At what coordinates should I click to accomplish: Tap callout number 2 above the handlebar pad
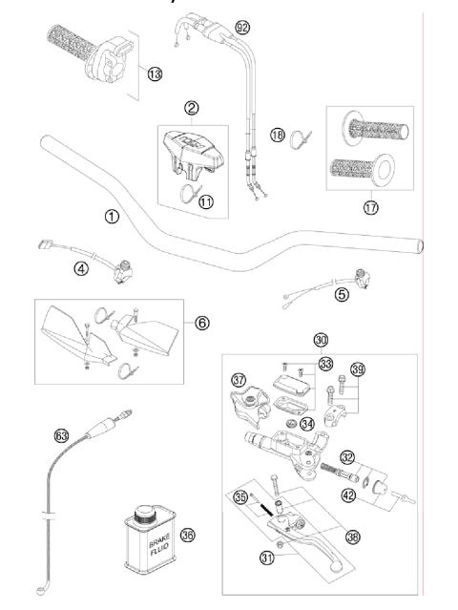coord(191,109)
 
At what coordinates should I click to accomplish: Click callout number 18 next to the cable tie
coord(277,137)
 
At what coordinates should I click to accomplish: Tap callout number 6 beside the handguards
coord(201,323)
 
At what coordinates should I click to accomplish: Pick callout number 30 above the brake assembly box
coord(320,340)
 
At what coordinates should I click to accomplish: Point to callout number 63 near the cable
coord(62,435)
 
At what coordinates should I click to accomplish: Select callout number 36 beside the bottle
coord(188,536)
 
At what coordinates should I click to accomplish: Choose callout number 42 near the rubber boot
coord(348,494)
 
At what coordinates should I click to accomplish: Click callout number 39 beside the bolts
coord(358,369)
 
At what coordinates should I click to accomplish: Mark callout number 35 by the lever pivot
coord(239,496)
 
